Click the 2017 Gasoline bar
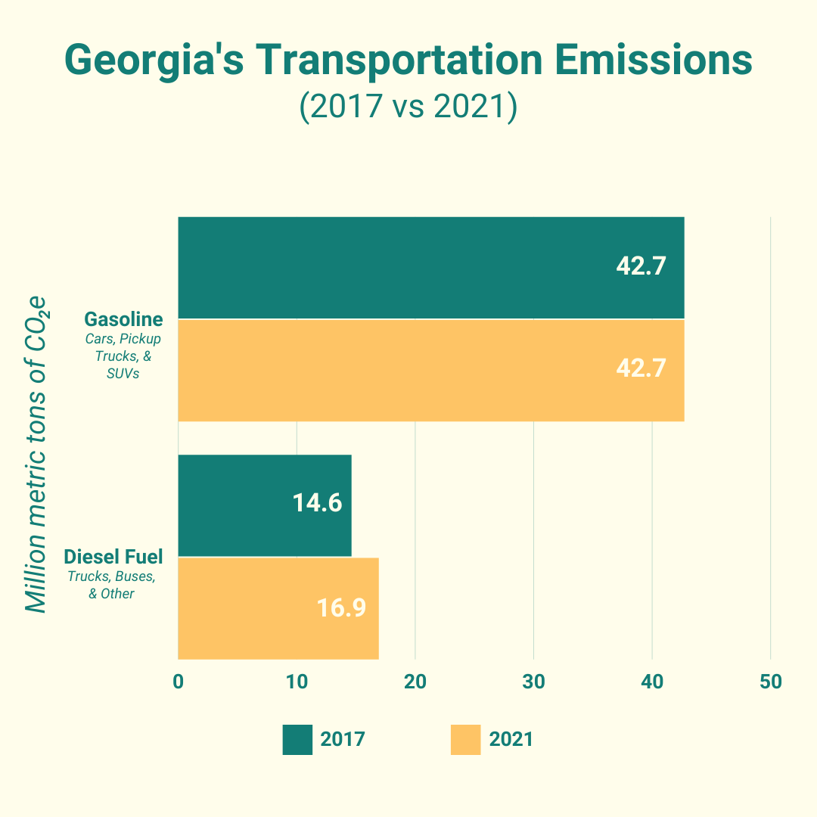(430, 268)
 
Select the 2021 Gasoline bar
(430, 370)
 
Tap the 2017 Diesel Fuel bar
(264, 505)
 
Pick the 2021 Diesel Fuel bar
(278, 608)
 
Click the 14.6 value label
(317, 503)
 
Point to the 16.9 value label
(341, 607)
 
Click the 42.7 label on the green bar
(641, 266)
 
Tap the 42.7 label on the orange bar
(641, 368)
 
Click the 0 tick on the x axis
(179, 682)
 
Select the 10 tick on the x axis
(297, 682)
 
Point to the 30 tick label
(533, 682)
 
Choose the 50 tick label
(770, 682)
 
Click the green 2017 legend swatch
(297, 739)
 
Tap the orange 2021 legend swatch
(465, 739)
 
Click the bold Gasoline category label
(123, 319)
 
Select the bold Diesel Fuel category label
(113, 558)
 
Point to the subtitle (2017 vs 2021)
(408, 107)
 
